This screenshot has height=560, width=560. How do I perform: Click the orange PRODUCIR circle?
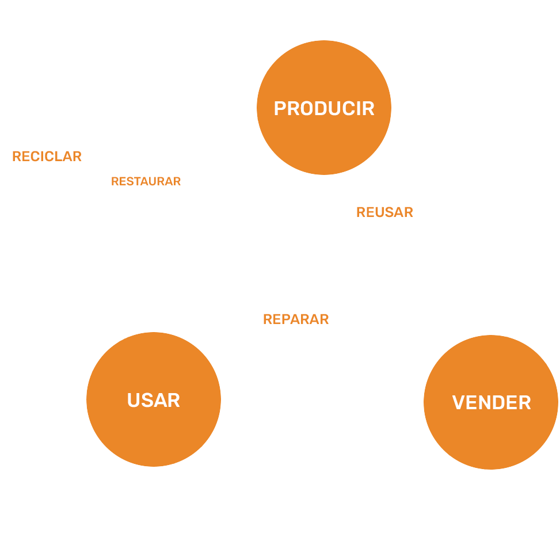coord(323,108)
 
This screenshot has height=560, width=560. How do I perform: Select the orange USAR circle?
coord(154,399)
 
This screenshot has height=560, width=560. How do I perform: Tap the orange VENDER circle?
coord(491,402)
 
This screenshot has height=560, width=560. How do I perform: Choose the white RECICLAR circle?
coord(47,156)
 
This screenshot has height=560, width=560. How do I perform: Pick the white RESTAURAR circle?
coord(146,181)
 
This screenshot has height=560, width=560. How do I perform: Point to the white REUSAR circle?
coord(384,212)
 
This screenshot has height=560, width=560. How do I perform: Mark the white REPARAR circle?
coord(296,319)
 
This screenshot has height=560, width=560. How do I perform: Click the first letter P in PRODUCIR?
coord(280,108)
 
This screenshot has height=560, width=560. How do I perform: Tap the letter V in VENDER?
coord(458,402)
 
